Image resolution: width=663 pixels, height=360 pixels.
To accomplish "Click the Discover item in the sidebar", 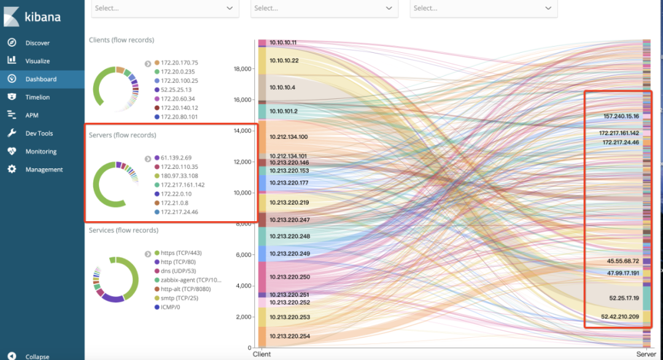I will pos(37,43).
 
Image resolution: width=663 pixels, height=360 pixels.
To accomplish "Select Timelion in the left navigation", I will pos(37,97).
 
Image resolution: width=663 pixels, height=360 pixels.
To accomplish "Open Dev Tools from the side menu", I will pos(39,133).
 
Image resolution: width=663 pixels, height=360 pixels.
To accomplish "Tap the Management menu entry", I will pos(44,170).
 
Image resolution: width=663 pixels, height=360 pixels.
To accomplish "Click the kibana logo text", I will pos(43,17).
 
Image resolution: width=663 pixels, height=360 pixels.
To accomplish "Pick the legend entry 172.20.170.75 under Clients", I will pos(180,63).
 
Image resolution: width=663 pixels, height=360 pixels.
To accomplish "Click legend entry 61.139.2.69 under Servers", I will pos(177,158).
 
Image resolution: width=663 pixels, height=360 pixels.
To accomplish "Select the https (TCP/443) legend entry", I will pos(181,253).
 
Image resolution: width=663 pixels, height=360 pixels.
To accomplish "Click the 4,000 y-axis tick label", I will pos(243,286).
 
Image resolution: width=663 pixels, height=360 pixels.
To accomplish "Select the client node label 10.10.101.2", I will pos(284,111).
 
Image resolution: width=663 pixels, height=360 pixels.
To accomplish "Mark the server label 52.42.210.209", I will pos(620,317).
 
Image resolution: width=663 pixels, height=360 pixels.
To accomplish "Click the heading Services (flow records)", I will pos(123,230).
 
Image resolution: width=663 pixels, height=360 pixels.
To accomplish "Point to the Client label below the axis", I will pos(262,355).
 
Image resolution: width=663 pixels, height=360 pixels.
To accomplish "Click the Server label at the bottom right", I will pos(646,355).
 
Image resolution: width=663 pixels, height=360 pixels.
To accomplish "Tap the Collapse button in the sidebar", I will pos(37,356).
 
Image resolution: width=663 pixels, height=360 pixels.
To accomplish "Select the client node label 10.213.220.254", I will pos(289,336).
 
